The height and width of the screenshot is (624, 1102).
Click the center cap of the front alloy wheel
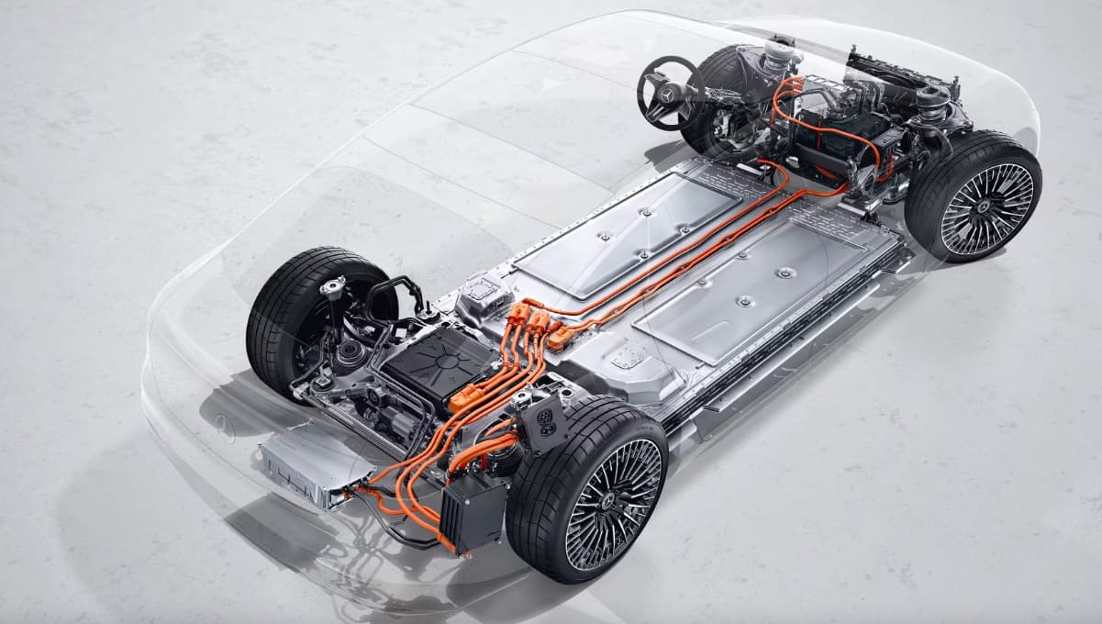pos(986,209)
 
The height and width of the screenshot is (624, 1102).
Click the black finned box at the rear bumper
pos(471,513)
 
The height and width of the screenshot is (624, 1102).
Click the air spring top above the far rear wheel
pos(332,286)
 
